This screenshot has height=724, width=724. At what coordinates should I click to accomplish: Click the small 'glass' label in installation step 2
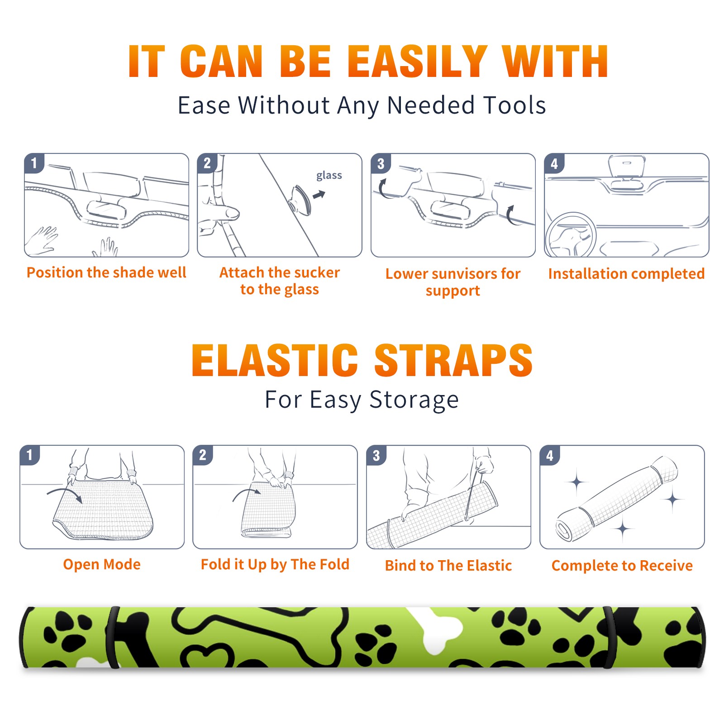click(x=329, y=176)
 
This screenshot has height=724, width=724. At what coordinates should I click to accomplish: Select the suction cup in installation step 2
click(x=300, y=200)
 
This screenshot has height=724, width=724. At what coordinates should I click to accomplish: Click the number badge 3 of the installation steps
click(x=381, y=163)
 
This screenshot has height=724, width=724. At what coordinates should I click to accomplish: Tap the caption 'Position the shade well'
click(x=106, y=272)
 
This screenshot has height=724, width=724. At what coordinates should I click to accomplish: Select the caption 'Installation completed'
click(x=626, y=274)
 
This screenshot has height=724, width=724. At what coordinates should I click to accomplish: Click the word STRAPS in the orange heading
click(x=453, y=360)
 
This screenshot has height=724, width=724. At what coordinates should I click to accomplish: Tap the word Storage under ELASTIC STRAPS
click(x=414, y=400)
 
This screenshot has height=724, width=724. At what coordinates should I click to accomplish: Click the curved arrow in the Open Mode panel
click(x=65, y=493)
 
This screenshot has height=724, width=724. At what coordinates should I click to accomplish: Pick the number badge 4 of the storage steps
click(x=549, y=455)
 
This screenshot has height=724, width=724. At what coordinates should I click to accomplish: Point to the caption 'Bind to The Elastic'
click(x=448, y=566)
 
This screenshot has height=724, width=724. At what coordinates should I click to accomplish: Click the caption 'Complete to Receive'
click(x=622, y=566)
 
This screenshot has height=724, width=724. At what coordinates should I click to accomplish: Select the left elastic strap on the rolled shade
click(x=112, y=638)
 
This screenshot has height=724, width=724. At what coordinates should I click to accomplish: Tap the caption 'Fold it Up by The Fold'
click(x=275, y=565)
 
